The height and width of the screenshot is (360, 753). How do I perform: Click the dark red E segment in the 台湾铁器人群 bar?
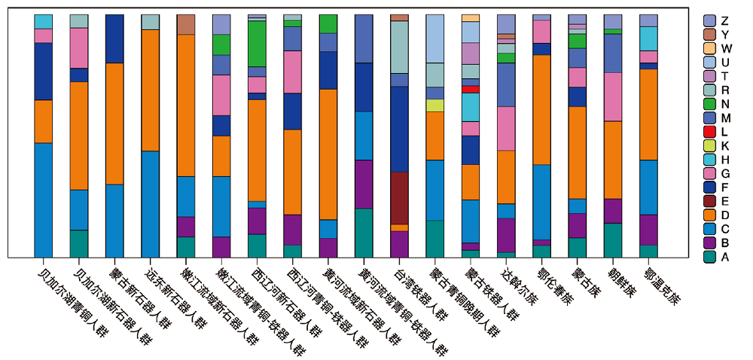tap(399, 197)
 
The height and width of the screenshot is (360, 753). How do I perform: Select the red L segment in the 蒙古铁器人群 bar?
tap(471, 89)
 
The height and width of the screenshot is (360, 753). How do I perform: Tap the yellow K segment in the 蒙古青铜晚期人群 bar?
tap(435, 105)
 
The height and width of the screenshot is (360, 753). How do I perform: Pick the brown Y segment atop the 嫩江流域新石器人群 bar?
tap(186, 24)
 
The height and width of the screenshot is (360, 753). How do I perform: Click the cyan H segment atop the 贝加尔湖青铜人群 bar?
tap(44, 21)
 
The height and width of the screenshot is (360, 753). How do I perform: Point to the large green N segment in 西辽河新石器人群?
tap(258, 44)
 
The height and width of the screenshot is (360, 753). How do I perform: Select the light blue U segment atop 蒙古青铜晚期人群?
tap(435, 38)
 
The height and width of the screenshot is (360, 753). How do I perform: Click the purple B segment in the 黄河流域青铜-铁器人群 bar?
tap(364, 184)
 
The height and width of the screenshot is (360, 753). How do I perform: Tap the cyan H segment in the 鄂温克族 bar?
tap(648, 38)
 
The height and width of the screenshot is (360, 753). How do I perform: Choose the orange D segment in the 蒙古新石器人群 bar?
tap(114, 124)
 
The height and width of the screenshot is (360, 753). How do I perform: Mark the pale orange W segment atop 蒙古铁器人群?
tap(471, 17)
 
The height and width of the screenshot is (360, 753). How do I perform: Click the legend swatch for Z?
tap(709, 20)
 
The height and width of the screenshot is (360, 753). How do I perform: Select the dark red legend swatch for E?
tap(709, 201)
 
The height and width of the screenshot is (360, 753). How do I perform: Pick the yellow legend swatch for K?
tap(709, 145)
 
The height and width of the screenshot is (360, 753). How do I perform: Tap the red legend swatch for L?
tap(709, 132)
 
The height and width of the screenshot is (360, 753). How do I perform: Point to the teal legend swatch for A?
tap(709, 257)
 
